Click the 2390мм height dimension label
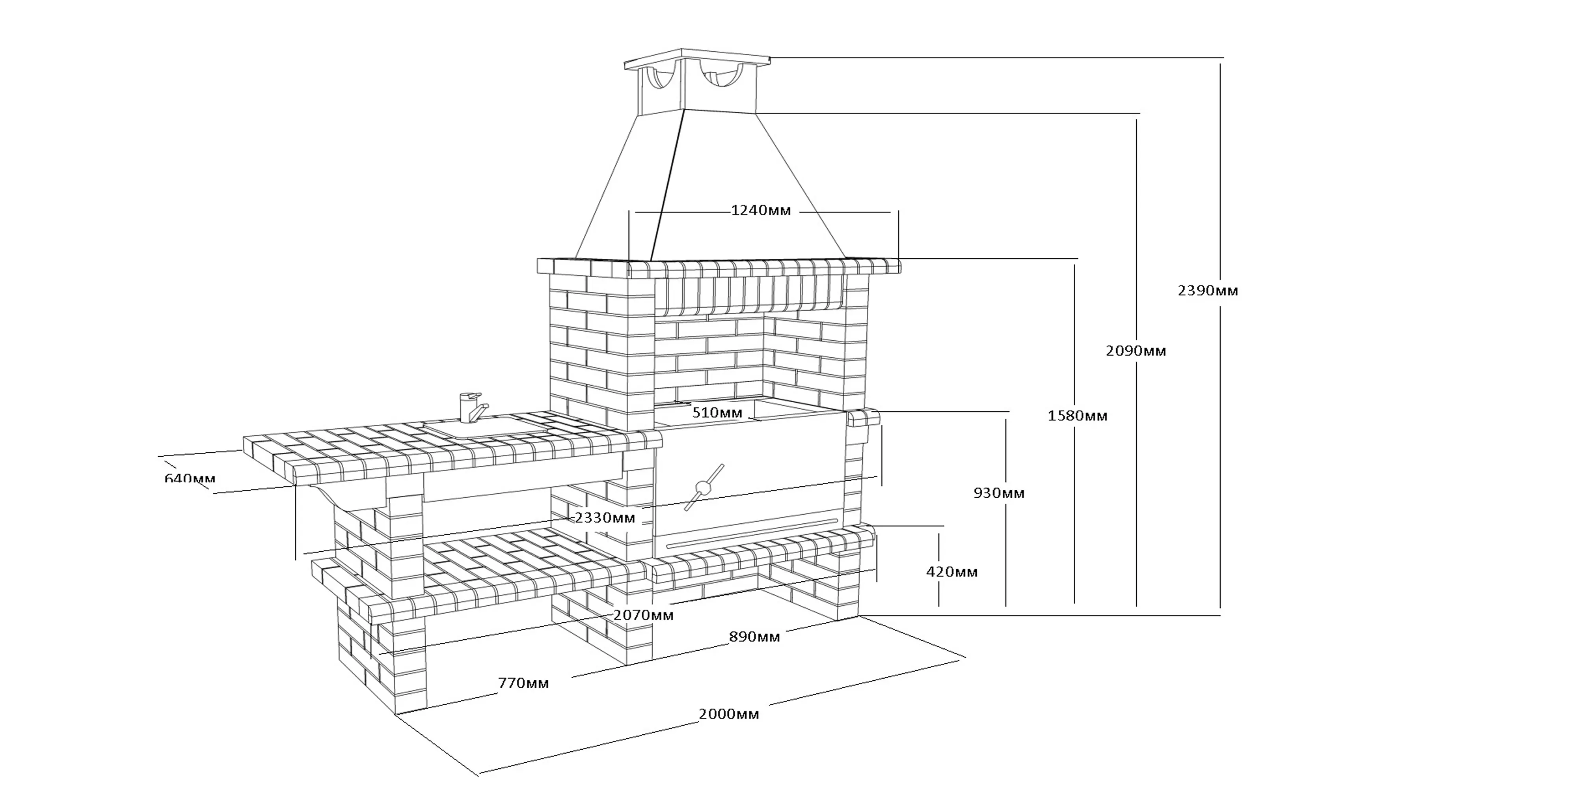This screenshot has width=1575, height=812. tap(1208, 291)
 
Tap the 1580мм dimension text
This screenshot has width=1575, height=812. tap(1077, 416)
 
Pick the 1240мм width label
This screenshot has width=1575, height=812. tap(761, 211)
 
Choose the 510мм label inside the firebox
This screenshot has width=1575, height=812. tap(717, 413)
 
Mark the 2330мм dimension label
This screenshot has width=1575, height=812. tap(605, 518)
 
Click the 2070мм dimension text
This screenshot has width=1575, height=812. tap(643, 615)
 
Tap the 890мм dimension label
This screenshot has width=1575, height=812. tap(754, 637)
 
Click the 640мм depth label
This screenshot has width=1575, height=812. tap(190, 478)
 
